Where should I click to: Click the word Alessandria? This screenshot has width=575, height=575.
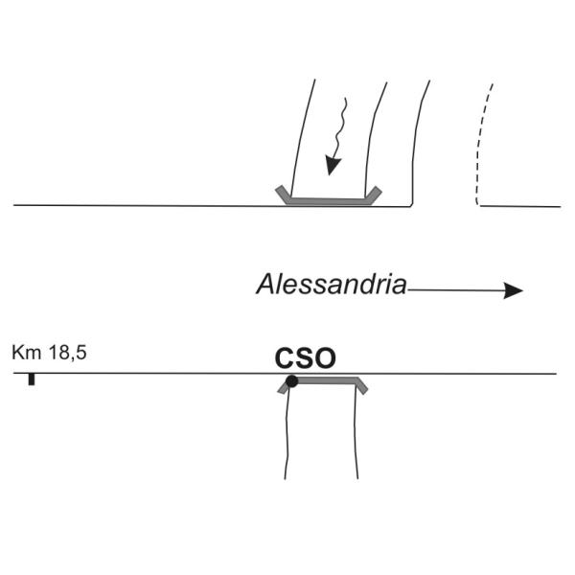pyautogui.click(x=332, y=284)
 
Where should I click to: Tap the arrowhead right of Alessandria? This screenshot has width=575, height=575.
pyautogui.click(x=514, y=290)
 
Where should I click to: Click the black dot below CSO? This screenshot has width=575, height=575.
pyautogui.click(x=291, y=381)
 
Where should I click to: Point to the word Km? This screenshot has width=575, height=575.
pyautogui.click(x=25, y=354)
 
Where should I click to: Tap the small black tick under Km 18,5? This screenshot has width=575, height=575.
pyautogui.click(x=32, y=380)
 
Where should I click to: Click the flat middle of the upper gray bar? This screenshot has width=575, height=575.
pyautogui.click(x=329, y=201)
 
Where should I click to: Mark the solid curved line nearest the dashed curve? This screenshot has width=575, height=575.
pyautogui.click(x=419, y=134)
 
